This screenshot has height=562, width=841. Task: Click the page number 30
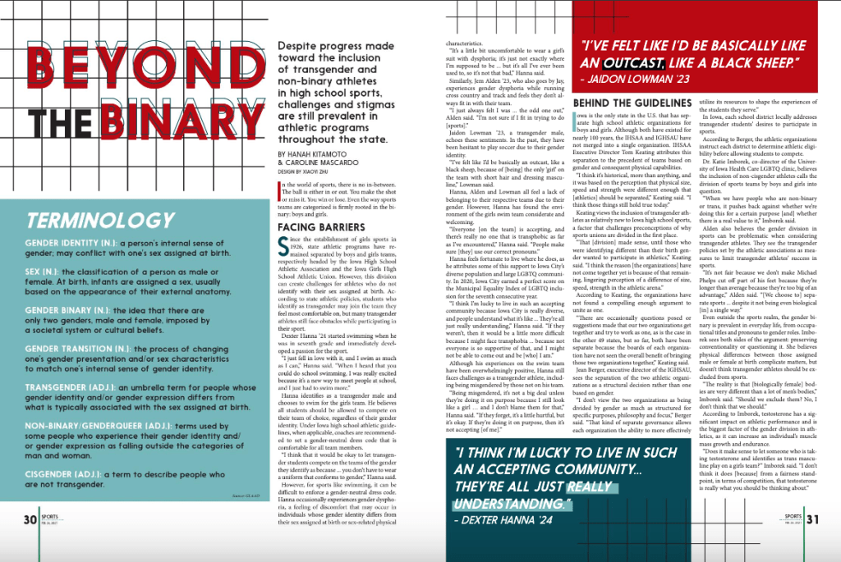[x=30, y=519]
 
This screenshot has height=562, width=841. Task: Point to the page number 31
[x=811, y=519]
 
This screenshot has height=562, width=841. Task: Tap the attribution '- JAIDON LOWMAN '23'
[x=633, y=80]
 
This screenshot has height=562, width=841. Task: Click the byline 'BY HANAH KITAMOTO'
[x=316, y=176]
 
